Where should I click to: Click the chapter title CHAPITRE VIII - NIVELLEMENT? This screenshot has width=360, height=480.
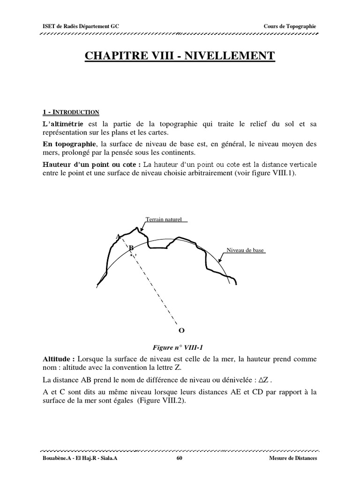(x=180, y=56)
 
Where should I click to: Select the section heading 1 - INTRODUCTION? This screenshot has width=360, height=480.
(x=71, y=112)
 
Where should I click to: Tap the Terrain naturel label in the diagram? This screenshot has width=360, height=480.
(x=163, y=219)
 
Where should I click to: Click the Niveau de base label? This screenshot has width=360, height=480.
(x=245, y=250)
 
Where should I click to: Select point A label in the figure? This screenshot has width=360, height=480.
(x=118, y=236)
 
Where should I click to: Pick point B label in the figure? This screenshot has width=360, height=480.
(x=131, y=248)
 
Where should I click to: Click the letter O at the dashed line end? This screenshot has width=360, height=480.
(x=181, y=330)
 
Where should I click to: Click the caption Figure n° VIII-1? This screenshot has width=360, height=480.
(x=180, y=347)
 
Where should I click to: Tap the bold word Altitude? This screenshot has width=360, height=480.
(x=58, y=359)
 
